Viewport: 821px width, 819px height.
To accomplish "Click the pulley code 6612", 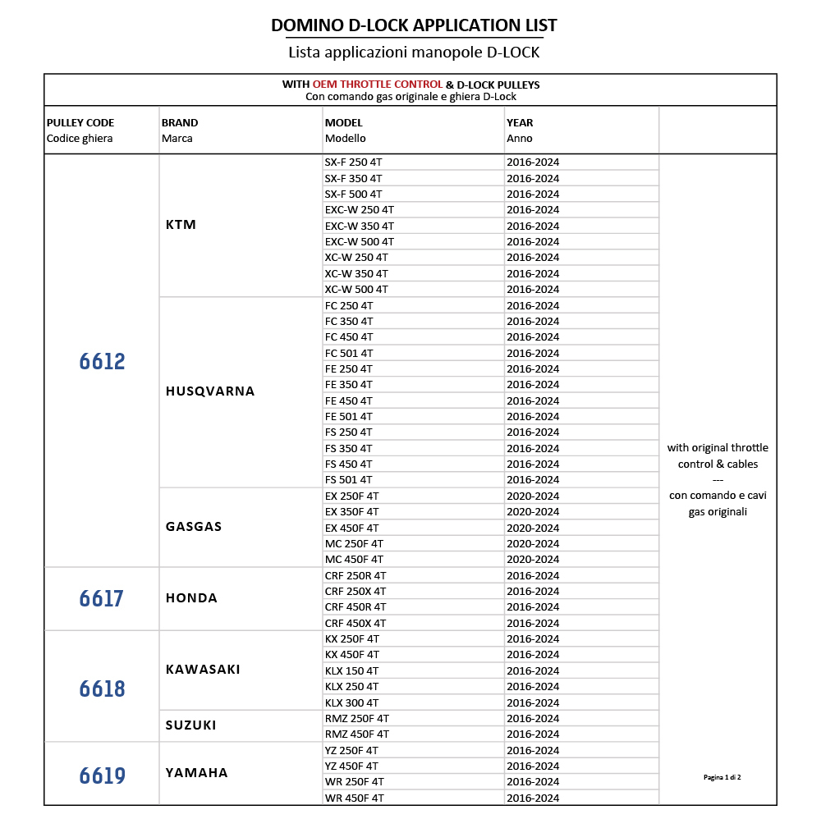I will [x=103, y=361].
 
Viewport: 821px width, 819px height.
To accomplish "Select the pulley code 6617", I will [x=102, y=599].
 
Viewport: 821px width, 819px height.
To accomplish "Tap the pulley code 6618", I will [x=103, y=688].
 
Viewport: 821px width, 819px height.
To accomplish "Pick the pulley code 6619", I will [x=103, y=775].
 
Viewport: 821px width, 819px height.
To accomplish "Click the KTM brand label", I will [x=181, y=225].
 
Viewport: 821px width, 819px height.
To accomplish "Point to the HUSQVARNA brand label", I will [x=210, y=391].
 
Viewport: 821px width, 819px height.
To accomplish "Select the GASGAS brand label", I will [x=194, y=527].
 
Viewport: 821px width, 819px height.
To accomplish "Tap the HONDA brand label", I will [x=191, y=598].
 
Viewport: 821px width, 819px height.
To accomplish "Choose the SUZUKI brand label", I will [x=190, y=725].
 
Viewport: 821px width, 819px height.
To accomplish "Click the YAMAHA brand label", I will [x=196, y=773].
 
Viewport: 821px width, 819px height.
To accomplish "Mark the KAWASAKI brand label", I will [x=203, y=670].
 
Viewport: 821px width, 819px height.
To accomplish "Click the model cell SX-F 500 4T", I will [x=353, y=194].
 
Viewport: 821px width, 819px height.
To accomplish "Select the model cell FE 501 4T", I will [x=348, y=417].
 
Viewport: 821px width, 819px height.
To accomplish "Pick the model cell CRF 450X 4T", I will [x=355, y=624].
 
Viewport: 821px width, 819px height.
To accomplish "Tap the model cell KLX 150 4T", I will [x=351, y=671].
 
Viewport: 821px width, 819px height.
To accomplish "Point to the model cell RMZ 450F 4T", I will [x=357, y=734].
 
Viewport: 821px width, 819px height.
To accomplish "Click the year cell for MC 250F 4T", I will [x=533, y=544].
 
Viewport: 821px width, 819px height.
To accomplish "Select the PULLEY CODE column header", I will [x=80, y=123].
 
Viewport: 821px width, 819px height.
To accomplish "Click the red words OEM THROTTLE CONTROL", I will [x=378, y=85].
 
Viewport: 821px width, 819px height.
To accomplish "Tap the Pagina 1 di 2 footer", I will [x=722, y=776].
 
